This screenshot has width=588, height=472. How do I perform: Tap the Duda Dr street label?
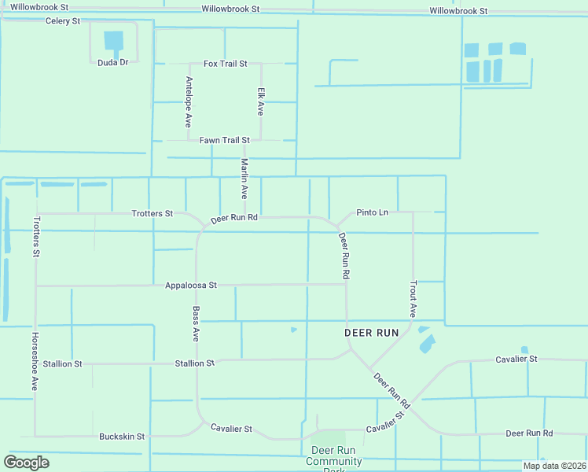(112, 62)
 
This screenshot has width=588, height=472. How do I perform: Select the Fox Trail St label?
(226, 63)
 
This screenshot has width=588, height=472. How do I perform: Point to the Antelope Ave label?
(189, 102)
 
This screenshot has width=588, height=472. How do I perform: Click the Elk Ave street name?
(261, 101)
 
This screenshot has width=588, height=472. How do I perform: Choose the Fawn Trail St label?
(224, 140)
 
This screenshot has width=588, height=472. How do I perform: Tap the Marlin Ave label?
(244, 178)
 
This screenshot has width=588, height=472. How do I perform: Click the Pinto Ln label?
(372, 212)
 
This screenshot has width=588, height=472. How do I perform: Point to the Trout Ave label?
(413, 299)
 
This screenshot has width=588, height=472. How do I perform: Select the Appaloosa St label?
(191, 286)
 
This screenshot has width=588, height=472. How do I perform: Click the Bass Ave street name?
(196, 323)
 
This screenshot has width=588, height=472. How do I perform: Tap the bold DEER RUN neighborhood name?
(373, 333)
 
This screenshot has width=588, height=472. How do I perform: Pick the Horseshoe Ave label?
(35, 360)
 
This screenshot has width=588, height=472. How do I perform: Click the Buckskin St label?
(122, 436)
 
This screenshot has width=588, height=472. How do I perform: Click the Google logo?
(27, 463)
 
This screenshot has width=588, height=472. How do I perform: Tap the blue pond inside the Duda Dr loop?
(114, 40)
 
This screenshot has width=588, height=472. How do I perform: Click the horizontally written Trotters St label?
(153, 213)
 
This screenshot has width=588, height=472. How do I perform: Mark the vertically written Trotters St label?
(36, 237)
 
